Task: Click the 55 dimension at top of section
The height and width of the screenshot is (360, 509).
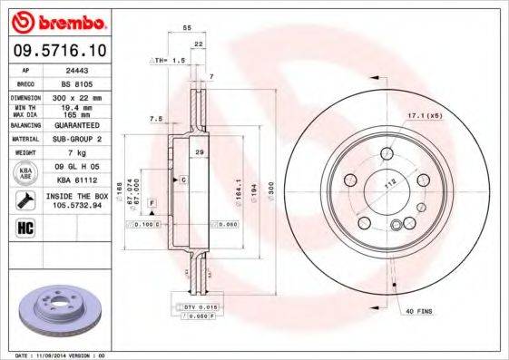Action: [x=187, y=29]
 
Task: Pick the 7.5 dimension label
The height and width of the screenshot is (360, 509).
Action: [x=155, y=118]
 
